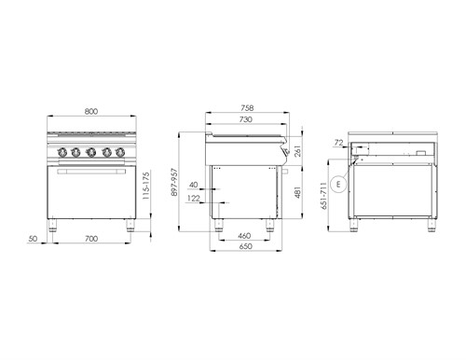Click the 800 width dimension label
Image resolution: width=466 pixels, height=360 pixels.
pos(91,111)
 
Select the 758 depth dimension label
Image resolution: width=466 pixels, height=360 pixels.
pos(247,108)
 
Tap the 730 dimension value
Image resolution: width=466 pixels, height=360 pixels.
pos(246,119)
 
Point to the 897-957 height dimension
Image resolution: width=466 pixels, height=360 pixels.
pos(174,182)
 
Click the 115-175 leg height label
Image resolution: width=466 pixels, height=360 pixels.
pos(145,186)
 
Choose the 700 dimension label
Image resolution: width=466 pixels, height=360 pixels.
pos(91,239)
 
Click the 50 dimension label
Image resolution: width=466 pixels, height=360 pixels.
pos(33,239)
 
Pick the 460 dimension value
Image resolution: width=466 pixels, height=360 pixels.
pos(244,236)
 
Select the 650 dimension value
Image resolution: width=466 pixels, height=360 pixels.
pos(245,246)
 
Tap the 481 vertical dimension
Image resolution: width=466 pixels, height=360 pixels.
pos(297,192)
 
